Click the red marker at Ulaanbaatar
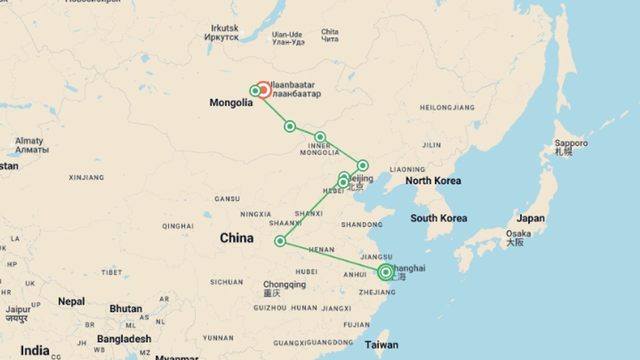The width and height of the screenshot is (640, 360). (x=263, y=90)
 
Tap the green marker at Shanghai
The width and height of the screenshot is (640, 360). (x=386, y=272)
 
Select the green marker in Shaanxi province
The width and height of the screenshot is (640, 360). (x=280, y=241)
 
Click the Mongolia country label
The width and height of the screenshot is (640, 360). (x=231, y=103)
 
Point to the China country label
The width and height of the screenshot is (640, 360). (x=237, y=238)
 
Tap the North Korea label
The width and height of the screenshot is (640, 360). (x=433, y=181)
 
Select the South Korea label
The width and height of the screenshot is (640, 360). (x=439, y=218)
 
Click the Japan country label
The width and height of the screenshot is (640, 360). (x=530, y=218)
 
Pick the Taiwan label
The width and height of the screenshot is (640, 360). (x=381, y=345)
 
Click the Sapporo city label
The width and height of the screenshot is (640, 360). (x=571, y=143)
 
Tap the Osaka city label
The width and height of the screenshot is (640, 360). (x=518, y=234)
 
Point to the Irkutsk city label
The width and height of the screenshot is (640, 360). (x=224, y=28)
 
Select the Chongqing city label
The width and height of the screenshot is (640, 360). (x=284, y=285)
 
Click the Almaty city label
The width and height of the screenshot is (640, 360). (x=29, y=141)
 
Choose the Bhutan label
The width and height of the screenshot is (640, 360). (x=126, y=309)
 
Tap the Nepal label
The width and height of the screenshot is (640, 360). (x=71, y=301)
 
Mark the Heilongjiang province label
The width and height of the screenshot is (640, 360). (x=447, y=108)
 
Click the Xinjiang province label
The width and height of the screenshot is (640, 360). (x=86, y=178)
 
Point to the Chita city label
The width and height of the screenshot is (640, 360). (x=330, y=32)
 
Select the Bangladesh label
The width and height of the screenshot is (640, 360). (x=124, y=339)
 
